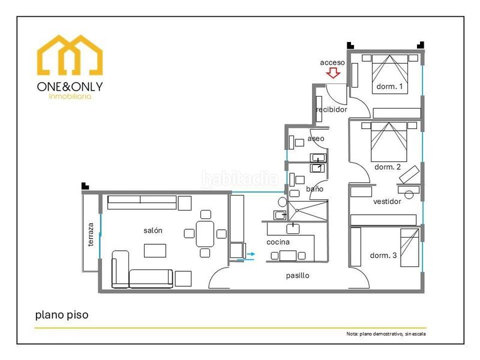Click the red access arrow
(333, 73)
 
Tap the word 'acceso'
(332, 62)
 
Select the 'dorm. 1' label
(389, 86)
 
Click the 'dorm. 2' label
(388, 167)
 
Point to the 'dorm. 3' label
(383, 256)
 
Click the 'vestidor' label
(387, 202)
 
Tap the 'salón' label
(153, 230)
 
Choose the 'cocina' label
(278, 242)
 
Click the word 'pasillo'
(298, 275)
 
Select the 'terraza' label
(91, 235)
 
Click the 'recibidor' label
(332, 109)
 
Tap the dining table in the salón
(205, 234)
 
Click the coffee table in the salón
(155, 250)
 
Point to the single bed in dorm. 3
(410, 248)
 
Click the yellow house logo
(70, 55)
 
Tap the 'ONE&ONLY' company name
(70, 86)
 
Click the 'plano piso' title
(62, 315)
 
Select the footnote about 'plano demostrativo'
(386, 334)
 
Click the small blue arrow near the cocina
(251, 254)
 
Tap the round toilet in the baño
(283, 202)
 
